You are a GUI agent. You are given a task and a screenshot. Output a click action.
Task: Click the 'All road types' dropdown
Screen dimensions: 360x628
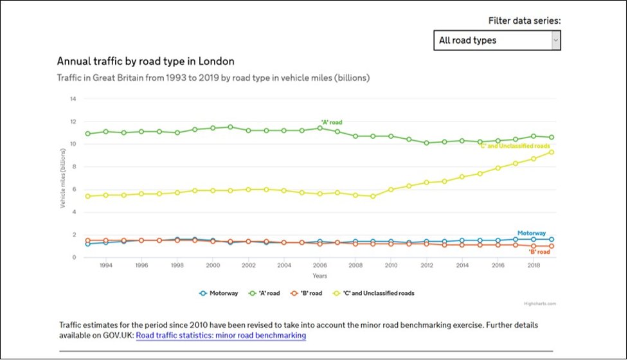point(497,40)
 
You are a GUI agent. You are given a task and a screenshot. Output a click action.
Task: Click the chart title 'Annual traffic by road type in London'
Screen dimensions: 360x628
point(145,62)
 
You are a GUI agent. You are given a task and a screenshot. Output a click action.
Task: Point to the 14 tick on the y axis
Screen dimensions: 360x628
point(73,99)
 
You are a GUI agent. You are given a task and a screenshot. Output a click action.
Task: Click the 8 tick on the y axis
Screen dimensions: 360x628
point(75,166)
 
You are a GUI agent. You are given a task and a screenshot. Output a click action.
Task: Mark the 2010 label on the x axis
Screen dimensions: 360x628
point(390,265)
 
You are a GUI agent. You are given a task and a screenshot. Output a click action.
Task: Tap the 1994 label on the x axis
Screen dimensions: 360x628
point(107,265)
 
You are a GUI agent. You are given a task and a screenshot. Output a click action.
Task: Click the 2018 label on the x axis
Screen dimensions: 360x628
point(532,265)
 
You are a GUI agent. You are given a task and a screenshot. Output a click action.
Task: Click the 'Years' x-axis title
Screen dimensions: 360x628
point(319,276)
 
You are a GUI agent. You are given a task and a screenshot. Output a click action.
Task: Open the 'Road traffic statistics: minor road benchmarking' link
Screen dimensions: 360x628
point(220,336)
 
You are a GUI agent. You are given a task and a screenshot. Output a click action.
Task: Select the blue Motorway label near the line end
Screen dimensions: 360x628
point(532,233)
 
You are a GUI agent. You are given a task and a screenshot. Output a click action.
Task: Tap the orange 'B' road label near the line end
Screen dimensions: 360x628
point(539,252)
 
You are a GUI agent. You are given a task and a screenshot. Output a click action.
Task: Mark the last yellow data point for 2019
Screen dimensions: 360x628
point(552,152)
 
